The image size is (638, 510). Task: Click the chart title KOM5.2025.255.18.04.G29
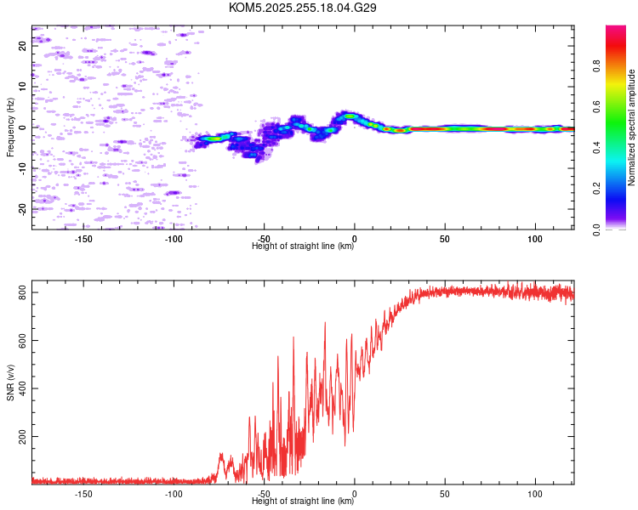point(303,8)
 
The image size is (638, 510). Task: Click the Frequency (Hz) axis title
point(10,127)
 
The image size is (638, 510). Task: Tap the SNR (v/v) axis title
point(10,383)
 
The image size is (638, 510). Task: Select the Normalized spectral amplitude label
point(631,127)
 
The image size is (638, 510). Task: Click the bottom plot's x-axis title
point(303,501)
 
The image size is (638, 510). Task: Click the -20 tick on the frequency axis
point(23,209)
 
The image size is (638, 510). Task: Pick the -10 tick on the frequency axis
point(23,168)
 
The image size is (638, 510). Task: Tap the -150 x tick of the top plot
point(84,238)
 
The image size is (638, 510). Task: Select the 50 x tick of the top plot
point(445,238)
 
